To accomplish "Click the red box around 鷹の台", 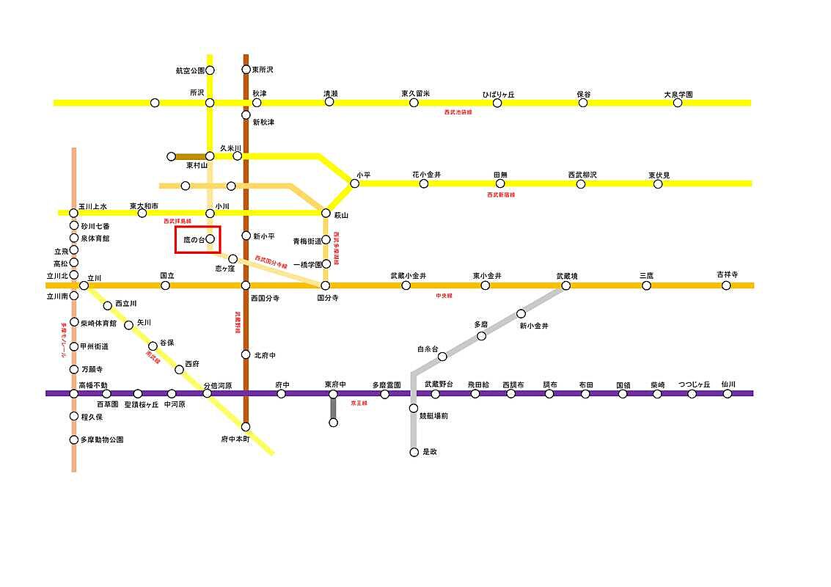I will pyautogui.click(x=198, y=240).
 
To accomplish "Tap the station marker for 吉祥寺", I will pyautogui.click(x=726, y=285).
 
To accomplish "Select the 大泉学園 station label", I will pyautogui.click(x=678, y=94).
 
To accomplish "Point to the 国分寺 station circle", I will pyautogui.click(x=326, y=285).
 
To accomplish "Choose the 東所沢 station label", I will pyautogui.click(x=263, y=70).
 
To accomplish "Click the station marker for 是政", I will pyautogui.click(x=414, y=452).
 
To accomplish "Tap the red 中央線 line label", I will pyautogui.click(x=444, y=295).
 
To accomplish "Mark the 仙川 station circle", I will pyautogui.click(x=727, y=393).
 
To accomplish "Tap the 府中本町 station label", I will pyautogui.click(x=235, y=439).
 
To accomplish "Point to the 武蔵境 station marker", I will pyautogui.click(x=565, y=285).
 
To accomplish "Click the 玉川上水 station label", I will pyautogui.click(x=93, y=206).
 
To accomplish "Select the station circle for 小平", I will pyautogui.click(x=354, y=183).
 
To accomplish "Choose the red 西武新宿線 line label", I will pyautogui.click(x=501, y=194).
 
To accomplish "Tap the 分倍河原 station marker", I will pyautogui.click(x=207, y=393).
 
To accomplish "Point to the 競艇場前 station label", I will pyautogui.click(x=433, y=415).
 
